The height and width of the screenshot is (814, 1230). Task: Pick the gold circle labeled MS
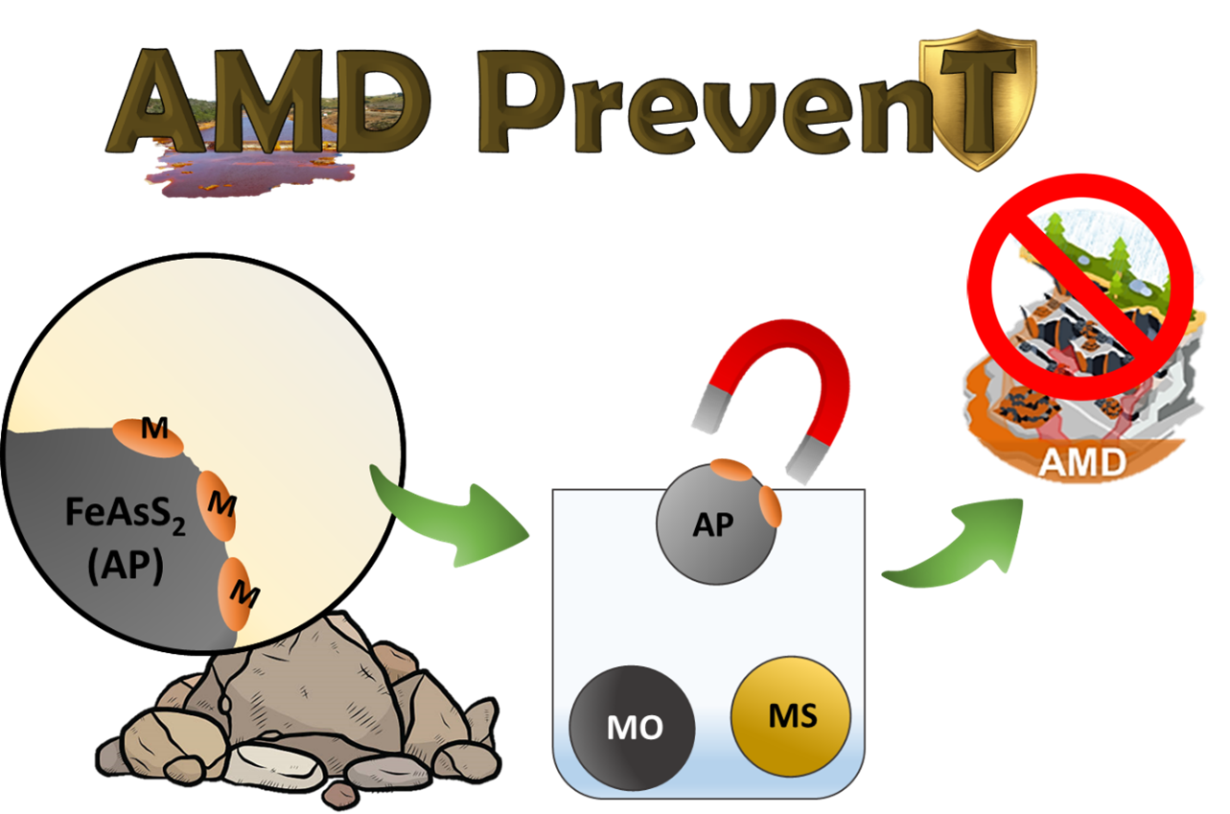click(791, 714)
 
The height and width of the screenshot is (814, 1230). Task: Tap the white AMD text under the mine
click(1084, 463)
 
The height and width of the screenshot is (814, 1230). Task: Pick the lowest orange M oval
click(241, 593)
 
